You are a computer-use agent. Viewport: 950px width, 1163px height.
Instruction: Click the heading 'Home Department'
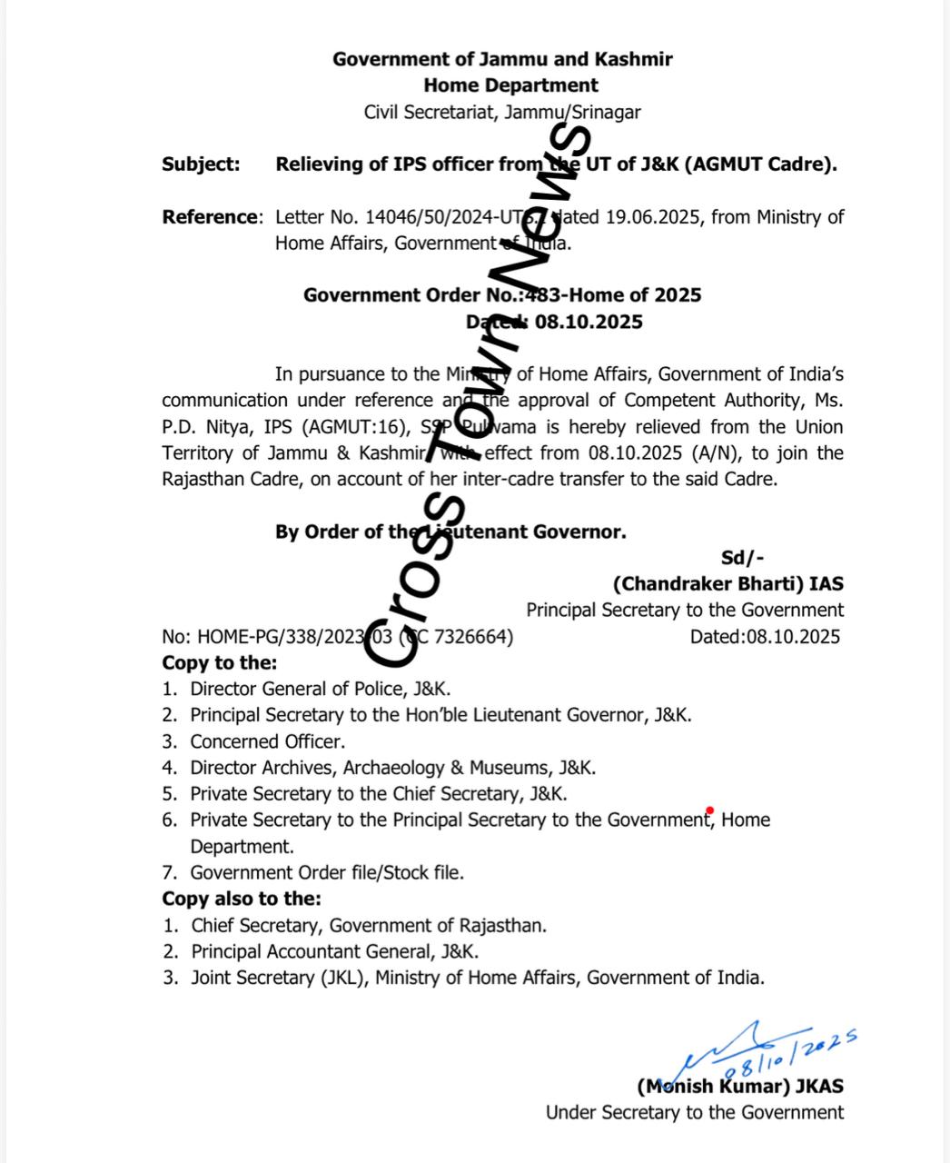[x=510, y=85]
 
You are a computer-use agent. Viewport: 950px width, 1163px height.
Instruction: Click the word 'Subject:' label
[x=201, y=164]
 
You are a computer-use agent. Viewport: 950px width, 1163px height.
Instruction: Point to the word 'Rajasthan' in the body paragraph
[x=202, y=480]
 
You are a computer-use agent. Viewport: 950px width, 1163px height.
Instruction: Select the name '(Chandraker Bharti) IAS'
[x=727, y=584]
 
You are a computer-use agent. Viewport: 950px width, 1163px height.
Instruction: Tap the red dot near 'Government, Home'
[x=709, y=810]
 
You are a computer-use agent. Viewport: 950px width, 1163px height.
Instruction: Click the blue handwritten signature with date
[x=772, y=1049]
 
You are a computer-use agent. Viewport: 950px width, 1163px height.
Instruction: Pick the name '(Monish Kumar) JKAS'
[x=739, y=1086]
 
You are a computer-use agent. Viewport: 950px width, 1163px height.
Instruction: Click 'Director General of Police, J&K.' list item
[x=320, y=689]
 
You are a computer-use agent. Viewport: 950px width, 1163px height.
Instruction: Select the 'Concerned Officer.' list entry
[x=267, y=741]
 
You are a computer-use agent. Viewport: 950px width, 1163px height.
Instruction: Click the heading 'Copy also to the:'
[x=241, y=899]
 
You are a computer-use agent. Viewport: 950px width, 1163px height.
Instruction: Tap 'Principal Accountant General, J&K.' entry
[x=334, y=951]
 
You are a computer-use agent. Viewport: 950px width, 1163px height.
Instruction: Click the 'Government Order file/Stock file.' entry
[x=326, y=872]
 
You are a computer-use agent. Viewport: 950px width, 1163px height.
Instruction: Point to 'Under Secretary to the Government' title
[x=694, y=1112]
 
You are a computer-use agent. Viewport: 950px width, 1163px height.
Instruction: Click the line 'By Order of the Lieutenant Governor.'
[x=450, y=532]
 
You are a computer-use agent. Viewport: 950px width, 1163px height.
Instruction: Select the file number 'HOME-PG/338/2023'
[x=276, y=636]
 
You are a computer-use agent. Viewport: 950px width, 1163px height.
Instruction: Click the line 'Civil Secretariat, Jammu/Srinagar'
[x=502, y=113]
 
